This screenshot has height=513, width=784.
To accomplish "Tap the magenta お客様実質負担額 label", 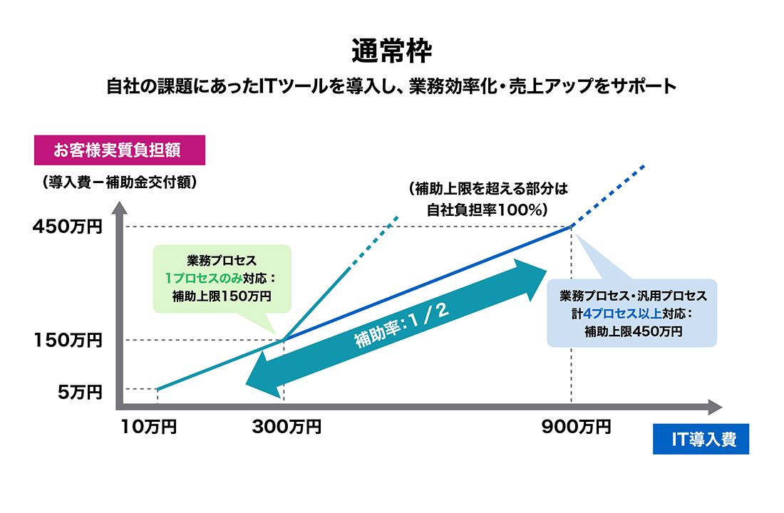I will coord(120,150).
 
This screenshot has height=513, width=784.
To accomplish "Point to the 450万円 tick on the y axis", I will coord(68,227).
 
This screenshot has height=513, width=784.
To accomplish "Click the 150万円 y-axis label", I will coord(68,340).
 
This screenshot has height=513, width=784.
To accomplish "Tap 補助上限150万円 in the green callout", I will coord(222,296).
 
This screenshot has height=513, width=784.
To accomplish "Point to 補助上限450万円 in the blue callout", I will coord(633,331).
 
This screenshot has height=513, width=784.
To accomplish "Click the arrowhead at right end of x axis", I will coord(715,408).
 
